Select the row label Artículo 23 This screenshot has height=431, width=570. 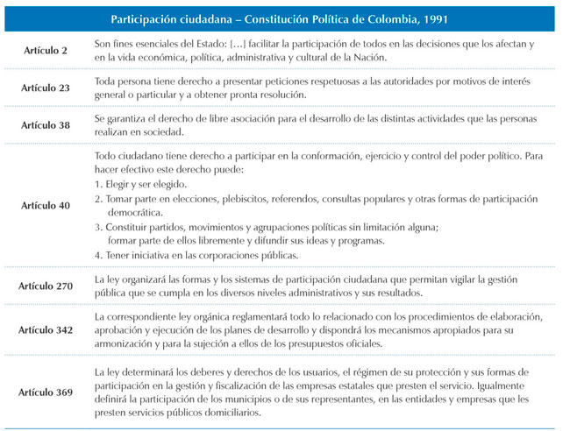click(46, 89)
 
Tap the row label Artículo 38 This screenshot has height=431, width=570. click(46, 125)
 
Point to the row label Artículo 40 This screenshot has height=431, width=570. click(46, 206)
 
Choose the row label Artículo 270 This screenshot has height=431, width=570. click(50, 286)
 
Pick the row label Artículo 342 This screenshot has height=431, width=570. click(50, 329)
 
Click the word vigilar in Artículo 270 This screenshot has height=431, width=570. click(481, 279)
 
